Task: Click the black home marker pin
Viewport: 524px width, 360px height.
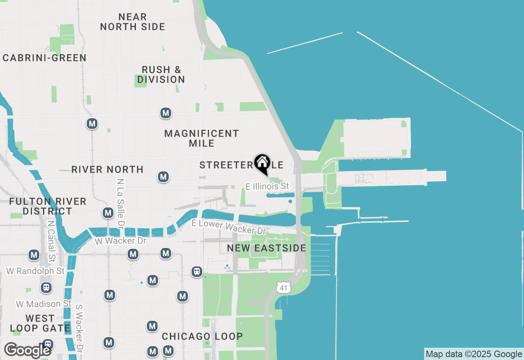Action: point(262,163)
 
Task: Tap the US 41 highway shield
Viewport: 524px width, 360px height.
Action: point(283,287)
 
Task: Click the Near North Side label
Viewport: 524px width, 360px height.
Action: point(132,22)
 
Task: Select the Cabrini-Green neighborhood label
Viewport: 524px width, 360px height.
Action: point(45,58)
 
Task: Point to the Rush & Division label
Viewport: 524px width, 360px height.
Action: point(161,74)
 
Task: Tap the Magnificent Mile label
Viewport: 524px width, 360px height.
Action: point(201,138)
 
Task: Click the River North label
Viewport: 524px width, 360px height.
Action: point(107,169)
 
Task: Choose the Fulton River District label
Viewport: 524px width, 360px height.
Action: point(47,206)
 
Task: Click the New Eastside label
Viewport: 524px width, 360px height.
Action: point(267,248)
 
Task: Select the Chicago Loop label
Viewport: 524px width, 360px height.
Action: point(202,336)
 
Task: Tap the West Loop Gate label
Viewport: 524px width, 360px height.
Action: point(40,323)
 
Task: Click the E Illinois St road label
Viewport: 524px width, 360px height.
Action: point(267,187)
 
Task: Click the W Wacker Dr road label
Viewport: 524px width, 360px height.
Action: point(120,241)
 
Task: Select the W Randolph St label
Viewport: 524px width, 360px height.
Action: point(35,271)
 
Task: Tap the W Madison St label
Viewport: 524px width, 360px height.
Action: point(44,304)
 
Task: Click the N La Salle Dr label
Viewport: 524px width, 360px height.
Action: point(120,203)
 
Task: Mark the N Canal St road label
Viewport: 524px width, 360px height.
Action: point(51,241)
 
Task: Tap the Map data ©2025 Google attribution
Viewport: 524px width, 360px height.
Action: point(474,354)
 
